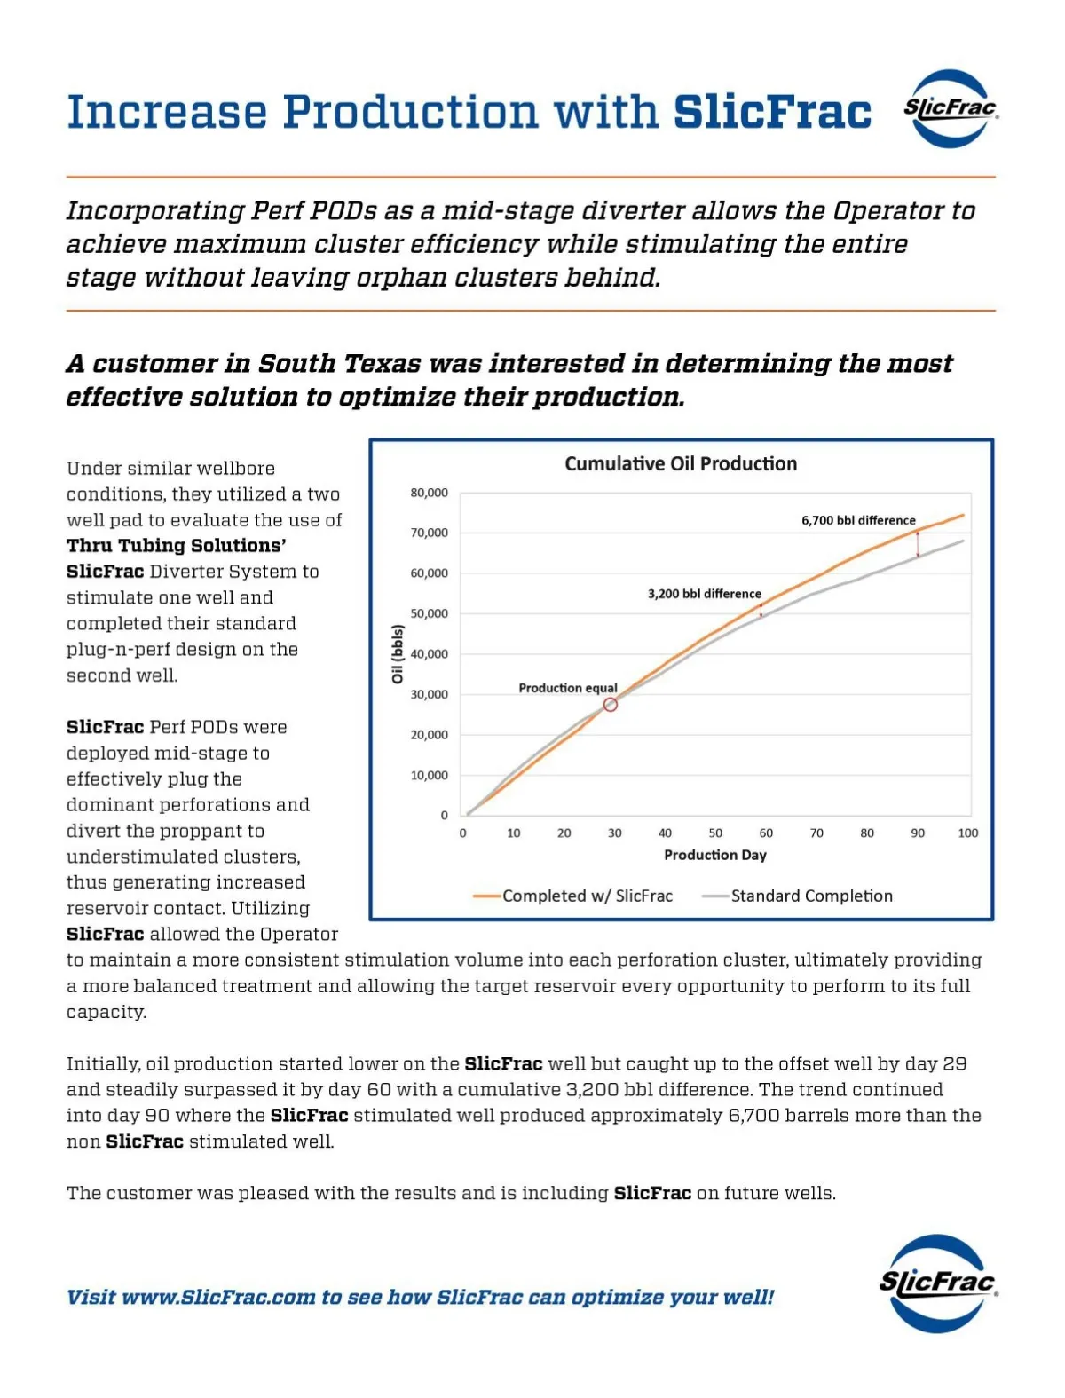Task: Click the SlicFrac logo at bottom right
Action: click(937, 1283)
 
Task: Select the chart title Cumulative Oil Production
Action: click(681, 463)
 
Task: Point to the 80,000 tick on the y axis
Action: click(429, 493)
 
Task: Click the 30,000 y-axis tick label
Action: click(429, 694)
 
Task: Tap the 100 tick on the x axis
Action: click(967, 833)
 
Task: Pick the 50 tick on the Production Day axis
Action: click(715, 833)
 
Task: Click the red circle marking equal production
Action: click(611, 705)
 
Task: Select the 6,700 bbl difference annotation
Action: click(858, 520)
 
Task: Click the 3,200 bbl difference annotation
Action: click(704, 594)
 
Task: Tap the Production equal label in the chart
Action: click(568, 688)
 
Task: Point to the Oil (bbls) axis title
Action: click(398, 654)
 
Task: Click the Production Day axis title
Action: click(715, 855)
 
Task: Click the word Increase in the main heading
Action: click(167, 113)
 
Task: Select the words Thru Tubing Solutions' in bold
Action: click(176, 545)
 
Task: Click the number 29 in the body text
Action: click(954, 1063)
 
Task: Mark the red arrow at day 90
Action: click(918, 544)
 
